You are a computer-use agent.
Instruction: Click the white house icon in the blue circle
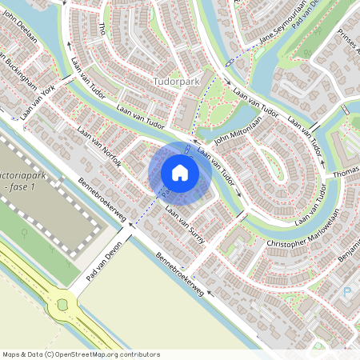tap(180, 173)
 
